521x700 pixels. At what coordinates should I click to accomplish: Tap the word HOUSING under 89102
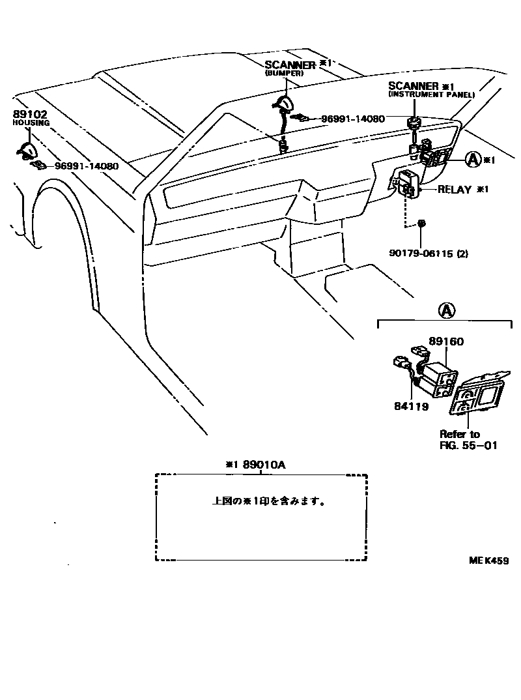[x=27, y=123]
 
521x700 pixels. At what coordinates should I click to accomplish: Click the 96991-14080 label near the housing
[x=86, y=166]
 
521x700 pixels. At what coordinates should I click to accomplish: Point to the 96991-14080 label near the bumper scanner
[x=352, y=119]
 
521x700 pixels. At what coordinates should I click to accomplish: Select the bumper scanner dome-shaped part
[x=285, y=103]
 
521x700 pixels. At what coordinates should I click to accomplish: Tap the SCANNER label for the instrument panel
[x=414, y=86]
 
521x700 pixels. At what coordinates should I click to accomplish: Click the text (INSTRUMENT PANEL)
[x=431, y=95]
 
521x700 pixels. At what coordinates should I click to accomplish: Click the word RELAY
[x=455, y=190]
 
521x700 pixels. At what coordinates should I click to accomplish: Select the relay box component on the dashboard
[x=406, y=183]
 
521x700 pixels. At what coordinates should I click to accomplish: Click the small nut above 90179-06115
[x=421, y=224]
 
